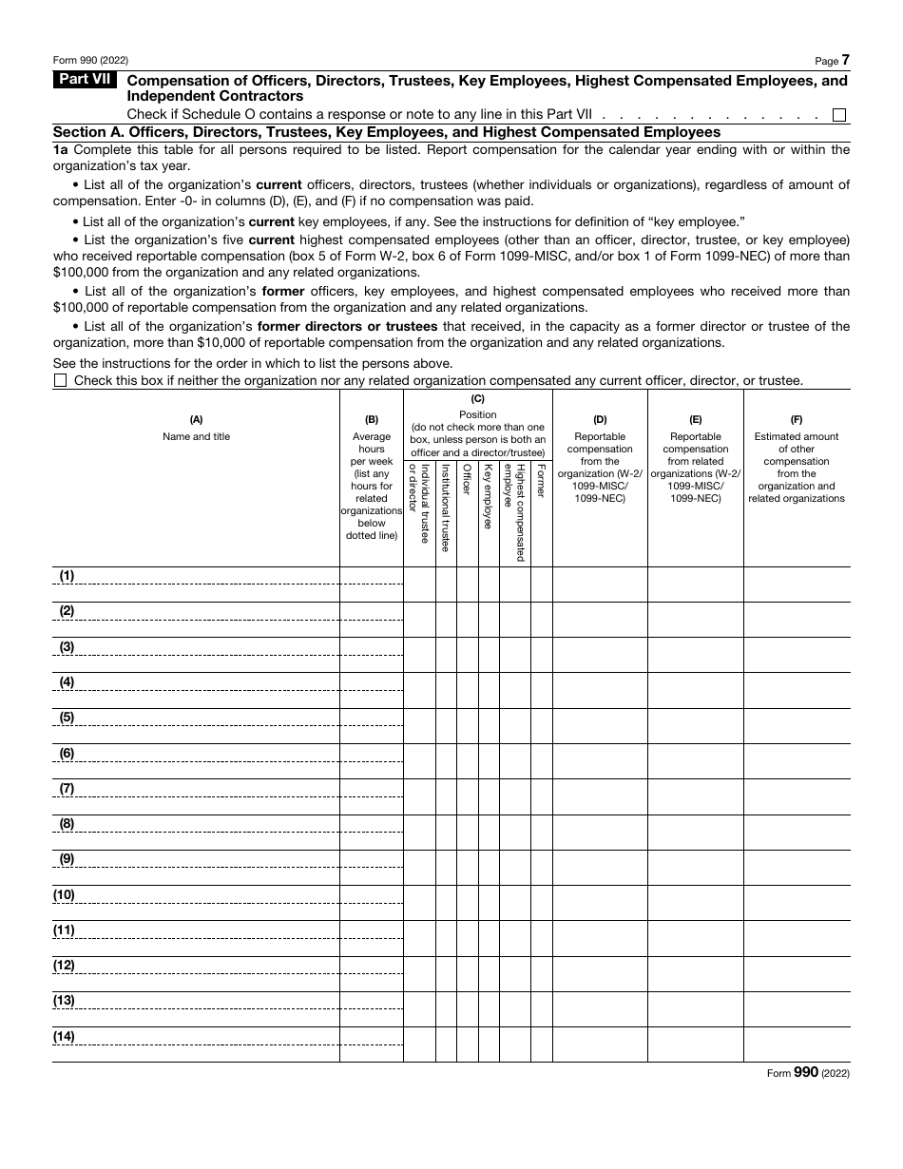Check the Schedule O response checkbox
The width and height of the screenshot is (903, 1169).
(838, 115)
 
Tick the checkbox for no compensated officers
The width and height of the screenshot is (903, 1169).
(61, 380)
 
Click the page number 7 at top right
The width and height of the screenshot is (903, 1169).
(845, 60)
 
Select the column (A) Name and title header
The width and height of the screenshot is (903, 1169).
(196, 428)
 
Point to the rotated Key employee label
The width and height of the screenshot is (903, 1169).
(489, 495)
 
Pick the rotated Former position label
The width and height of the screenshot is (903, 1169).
(541, 480)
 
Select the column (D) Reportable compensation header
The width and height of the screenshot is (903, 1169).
(600, 461)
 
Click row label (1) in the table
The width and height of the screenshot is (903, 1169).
(67, 576)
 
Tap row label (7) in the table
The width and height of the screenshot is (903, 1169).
(67, 789)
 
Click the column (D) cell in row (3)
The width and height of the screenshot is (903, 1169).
(600, 655)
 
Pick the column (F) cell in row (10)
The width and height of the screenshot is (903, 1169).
(797, 903)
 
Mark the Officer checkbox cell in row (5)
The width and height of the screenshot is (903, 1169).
(467, 726)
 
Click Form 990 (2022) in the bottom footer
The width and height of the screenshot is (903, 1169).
(808, 1072)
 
